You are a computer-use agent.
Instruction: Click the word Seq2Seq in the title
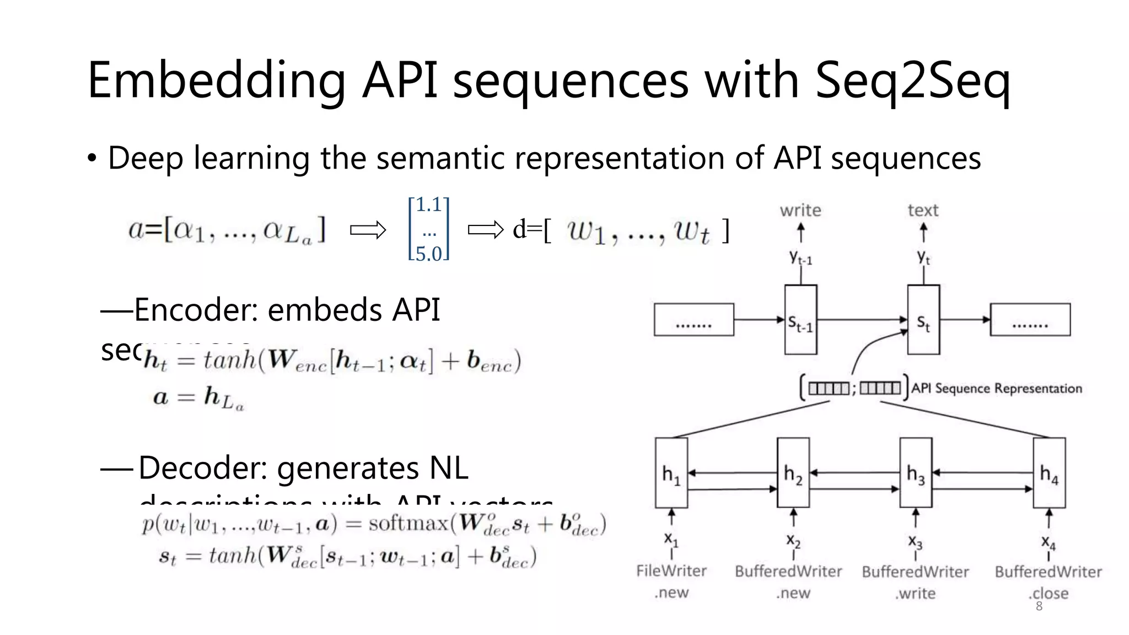[x=912, y=82]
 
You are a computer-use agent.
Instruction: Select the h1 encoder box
[x=671, y=473]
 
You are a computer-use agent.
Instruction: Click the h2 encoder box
[x=793, y=473]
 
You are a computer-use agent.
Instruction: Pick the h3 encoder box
[x=916, y=473]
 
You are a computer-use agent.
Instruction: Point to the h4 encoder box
[x=1049, y=473]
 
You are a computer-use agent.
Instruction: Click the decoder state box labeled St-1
[x=800, y=320]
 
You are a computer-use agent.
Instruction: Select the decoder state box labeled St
[x=923, y=320]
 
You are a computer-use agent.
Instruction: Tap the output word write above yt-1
[x=800, y=211]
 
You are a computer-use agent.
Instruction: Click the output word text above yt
[x=923, y=211]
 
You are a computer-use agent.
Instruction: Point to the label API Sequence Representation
[x=996, y=389]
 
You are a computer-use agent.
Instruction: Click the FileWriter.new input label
[x=671, y=582]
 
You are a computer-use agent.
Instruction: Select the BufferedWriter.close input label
[x=1048, y=582]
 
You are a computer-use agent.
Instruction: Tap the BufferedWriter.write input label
[x=915, y=582]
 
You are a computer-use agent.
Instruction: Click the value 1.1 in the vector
[x=429, y=205]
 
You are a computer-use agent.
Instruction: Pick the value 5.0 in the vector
[x=429, y=254]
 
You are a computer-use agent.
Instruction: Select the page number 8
[x=1039, y=607]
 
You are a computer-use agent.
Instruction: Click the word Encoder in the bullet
[x=196, y=310]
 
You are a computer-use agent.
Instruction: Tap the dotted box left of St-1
[x=693, y=320]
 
